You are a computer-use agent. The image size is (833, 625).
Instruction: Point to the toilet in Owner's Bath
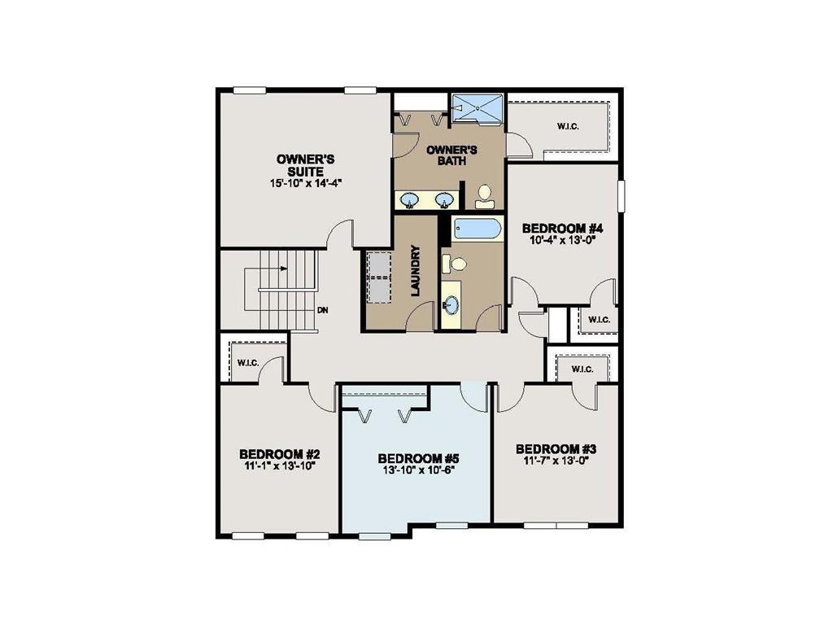click(485, 196)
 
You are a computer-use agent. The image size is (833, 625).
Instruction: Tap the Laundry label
click(415, 270)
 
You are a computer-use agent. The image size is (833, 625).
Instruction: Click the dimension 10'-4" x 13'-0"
click(561, 240)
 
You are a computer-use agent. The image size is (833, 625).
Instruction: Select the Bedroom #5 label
click(415, 457)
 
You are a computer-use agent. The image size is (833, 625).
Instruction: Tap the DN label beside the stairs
click(322, 310)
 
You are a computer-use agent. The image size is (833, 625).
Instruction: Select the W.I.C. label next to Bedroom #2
click(247, 362)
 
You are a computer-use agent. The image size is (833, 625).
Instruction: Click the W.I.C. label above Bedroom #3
click(582, 369)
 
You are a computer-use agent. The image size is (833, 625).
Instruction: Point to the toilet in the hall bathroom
click(456, 263)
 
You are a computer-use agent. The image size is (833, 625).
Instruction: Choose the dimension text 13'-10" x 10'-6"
click(415, 470)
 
